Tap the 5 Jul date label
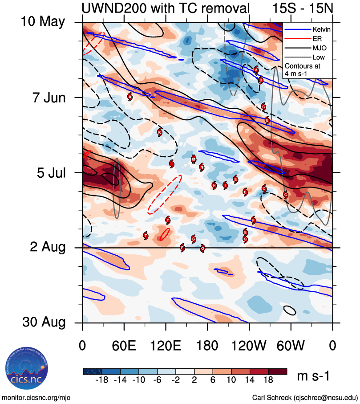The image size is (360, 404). (x=49, y=172)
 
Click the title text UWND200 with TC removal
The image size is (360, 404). (x=165, y=8)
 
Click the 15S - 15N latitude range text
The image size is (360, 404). (x=302, y=8)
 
